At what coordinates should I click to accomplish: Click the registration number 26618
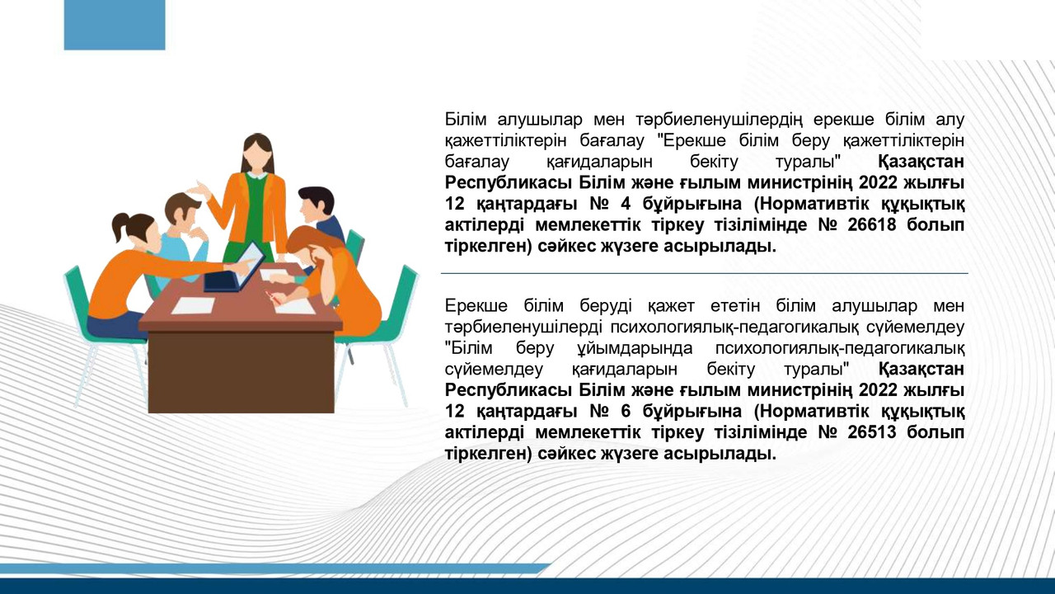(871, 225)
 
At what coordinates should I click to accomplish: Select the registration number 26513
(871, 432)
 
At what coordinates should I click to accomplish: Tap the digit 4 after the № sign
(625, 204)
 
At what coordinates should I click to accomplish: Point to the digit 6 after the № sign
(625, 412)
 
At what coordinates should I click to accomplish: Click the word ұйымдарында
(635, 349)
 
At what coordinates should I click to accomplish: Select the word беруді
(606, 306)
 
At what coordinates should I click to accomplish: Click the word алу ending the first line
(949, 120)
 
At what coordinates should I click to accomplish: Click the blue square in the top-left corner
(115, 25)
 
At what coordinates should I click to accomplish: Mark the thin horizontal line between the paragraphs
(704, 273)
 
